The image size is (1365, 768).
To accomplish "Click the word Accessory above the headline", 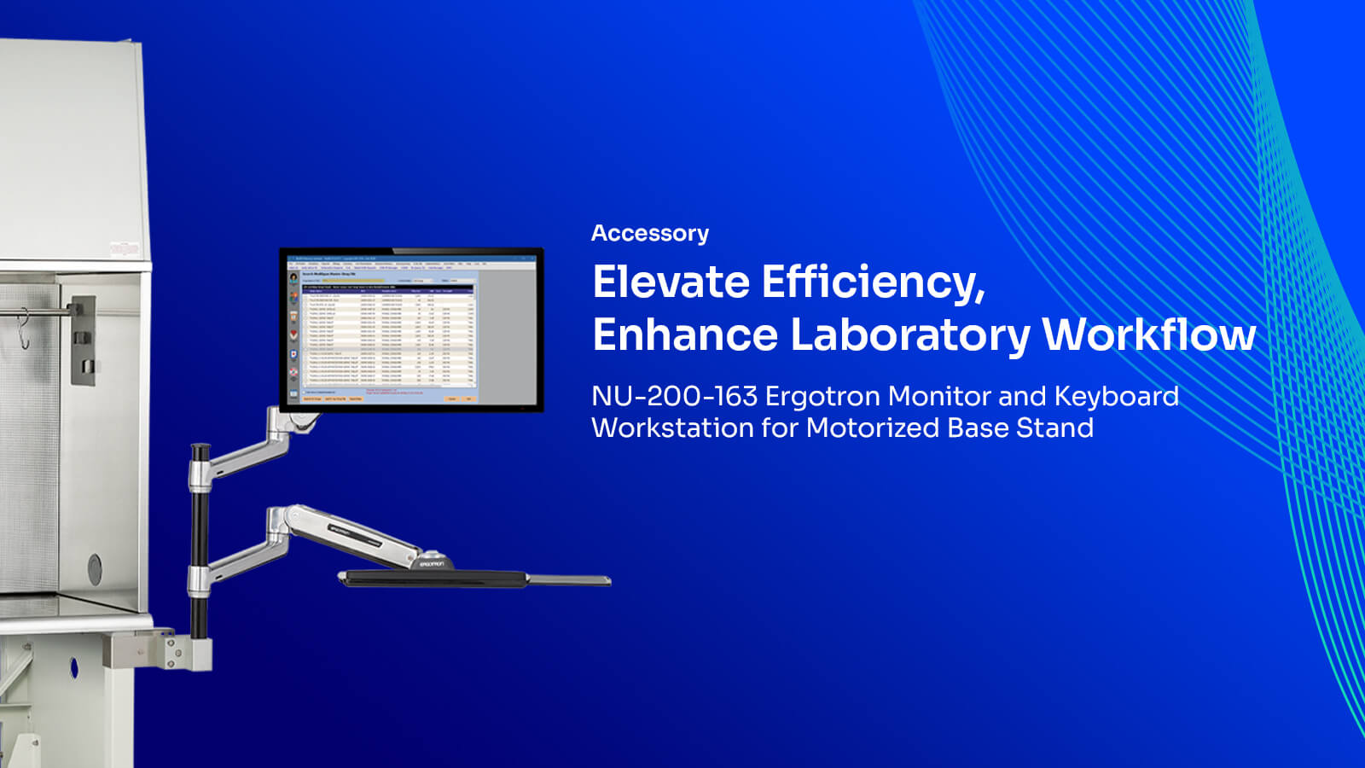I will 649,233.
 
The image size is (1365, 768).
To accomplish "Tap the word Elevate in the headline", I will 671,282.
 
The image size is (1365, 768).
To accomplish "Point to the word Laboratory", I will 909,335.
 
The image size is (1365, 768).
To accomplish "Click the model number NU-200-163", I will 674,396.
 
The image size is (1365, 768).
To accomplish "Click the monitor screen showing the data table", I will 411,329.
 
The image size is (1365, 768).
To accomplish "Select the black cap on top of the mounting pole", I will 200,450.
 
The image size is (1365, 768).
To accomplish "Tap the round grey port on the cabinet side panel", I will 95,568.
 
